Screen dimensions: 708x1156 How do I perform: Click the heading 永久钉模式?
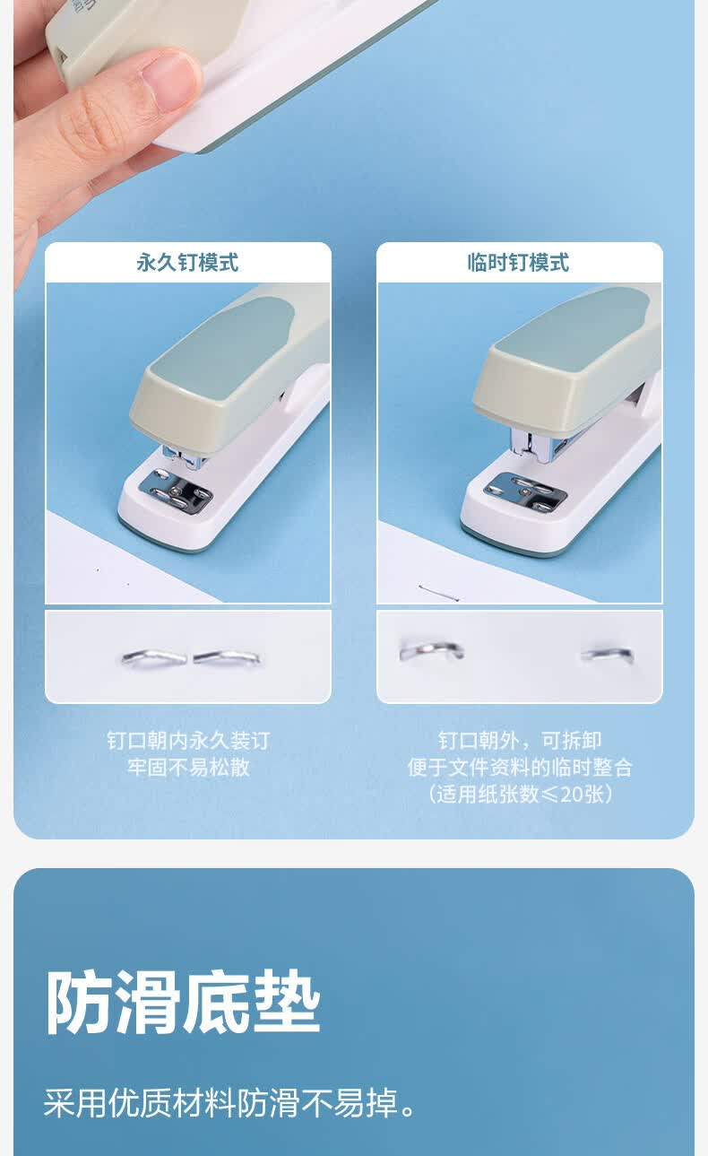tap(187, 262)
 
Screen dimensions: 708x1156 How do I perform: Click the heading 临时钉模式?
tap(518, 262)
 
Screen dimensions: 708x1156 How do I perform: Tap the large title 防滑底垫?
tap(184, 1002)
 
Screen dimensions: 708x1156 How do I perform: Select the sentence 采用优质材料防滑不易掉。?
tap(230, 1103)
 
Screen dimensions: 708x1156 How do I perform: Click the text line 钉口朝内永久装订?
tap(188, 741)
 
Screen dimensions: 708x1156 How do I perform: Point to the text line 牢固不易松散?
tap(188, 767)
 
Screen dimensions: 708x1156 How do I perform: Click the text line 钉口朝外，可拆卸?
tap(520, 741)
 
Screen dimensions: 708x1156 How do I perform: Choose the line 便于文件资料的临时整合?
tap(520, 768)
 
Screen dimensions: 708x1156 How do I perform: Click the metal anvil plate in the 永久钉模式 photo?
tap(176, 492)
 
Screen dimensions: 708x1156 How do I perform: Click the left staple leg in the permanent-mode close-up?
tap(153, 657)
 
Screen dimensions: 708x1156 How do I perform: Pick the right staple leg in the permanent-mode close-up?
tap(227, 657)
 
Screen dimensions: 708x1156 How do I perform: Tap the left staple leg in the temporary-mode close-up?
tap(432, 650)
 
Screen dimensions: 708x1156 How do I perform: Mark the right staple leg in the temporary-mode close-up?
tap(608, 654)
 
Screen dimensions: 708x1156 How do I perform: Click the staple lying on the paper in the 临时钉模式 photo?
tap(439, 593)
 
